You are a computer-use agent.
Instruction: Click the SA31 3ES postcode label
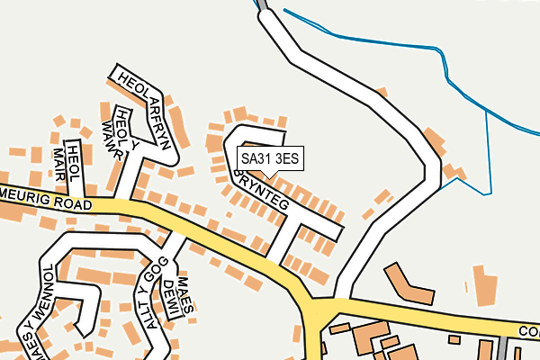268,158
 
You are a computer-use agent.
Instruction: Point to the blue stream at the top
378,40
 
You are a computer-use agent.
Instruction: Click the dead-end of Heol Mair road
74,148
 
